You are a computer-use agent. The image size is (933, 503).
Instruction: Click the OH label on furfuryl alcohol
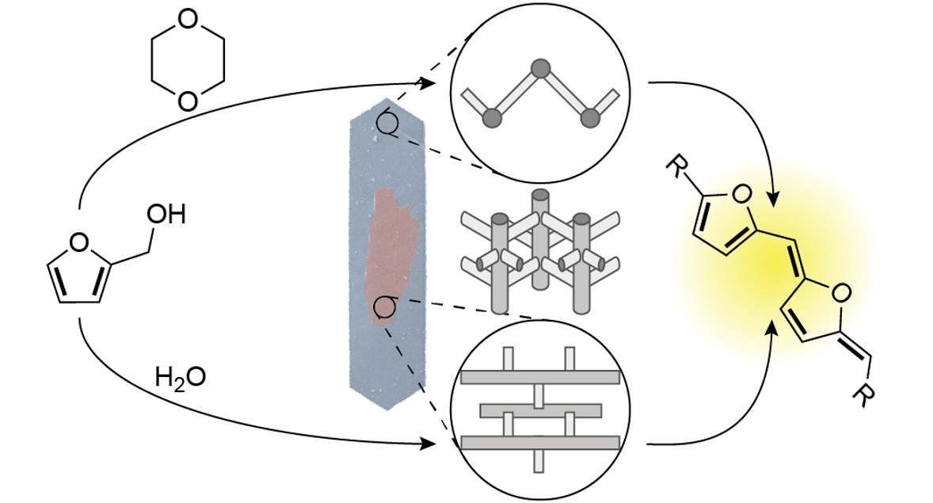click(166, 215)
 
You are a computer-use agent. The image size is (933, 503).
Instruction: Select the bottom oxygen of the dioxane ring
click(187, 101)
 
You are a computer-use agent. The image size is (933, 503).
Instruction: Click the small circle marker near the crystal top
click(387, 123)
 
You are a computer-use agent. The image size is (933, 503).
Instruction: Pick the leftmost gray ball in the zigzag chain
click(493, 118)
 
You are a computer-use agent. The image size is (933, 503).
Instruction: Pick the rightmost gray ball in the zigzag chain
click(588, 118)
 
